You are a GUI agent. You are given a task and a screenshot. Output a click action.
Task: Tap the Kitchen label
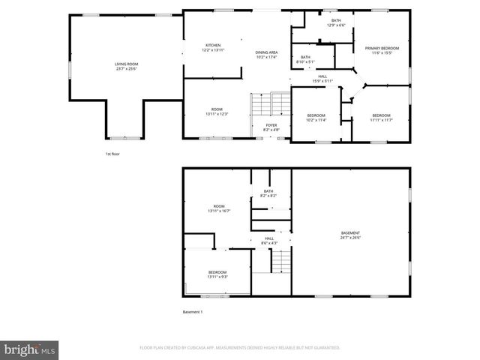tap(213, 47)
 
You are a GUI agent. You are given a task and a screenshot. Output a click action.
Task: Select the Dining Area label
tap(266, 54)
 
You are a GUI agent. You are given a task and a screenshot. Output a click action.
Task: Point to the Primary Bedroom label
tap(382, 50)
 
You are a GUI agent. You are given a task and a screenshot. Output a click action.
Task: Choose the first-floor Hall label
tap(322, 78)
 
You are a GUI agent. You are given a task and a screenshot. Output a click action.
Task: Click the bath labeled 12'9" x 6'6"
tap(336, 22)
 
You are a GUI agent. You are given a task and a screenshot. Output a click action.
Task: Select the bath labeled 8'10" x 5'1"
tap(305, 59)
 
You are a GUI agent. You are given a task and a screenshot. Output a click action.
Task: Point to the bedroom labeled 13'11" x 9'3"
tap(217, 274)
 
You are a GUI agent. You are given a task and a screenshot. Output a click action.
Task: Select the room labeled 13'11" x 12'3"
tap(217, 112)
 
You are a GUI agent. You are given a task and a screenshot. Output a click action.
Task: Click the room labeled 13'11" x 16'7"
tap(219, 208)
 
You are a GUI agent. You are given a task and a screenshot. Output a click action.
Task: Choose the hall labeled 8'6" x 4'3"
tap(269, 241)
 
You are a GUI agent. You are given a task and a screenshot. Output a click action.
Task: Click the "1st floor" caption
tap(112, 154)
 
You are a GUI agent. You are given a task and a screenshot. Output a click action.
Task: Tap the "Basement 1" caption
tap(193, 312)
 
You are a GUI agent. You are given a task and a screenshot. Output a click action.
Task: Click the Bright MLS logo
tap(30, 349)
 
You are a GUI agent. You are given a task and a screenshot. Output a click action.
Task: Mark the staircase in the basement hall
tap(280, 262)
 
